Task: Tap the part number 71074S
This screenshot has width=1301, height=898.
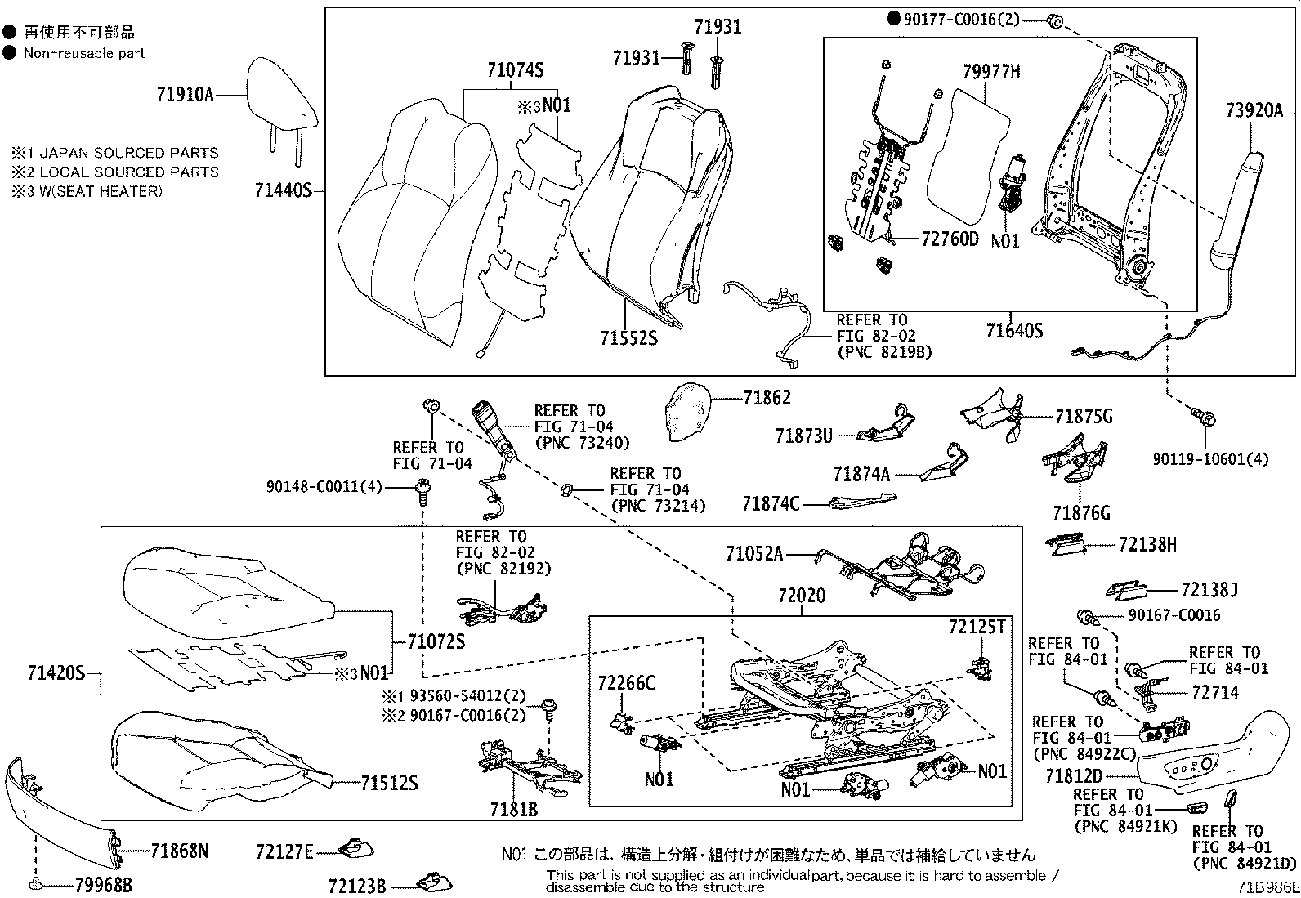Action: point(515,71)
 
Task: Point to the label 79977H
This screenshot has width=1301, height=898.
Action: point(990,72)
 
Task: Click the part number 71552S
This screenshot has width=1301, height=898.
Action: point(628,337)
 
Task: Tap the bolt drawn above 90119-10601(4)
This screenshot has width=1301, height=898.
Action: point(1204,417)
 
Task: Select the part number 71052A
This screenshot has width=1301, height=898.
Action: point(753,555)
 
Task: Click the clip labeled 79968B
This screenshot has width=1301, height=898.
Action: point(35,884)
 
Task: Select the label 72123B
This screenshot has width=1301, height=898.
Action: point(357,885)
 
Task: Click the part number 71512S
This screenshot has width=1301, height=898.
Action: point(390,784)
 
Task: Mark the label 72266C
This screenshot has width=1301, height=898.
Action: point(626,683)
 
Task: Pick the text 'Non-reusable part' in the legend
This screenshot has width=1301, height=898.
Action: point(84,53)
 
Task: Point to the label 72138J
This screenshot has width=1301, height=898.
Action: point(1209,589)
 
